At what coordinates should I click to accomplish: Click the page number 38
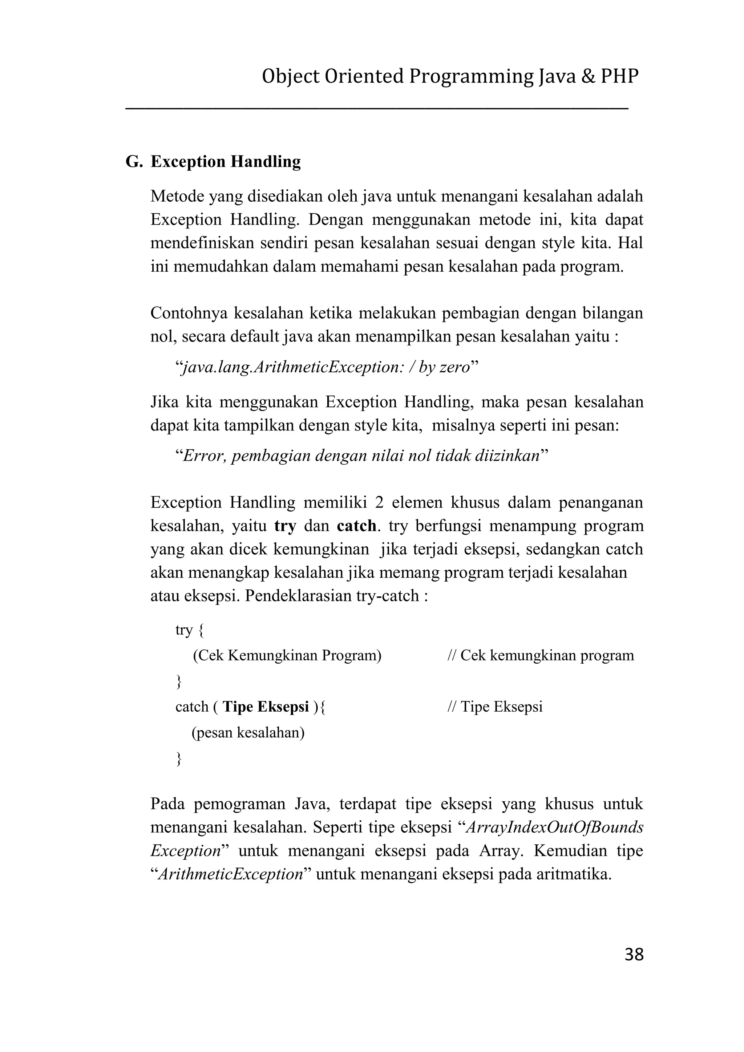634,954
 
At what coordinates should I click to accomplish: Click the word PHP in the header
619,77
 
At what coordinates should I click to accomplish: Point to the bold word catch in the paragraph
356,526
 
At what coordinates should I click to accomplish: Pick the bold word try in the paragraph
285,526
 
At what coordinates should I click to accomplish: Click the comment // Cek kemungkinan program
540,656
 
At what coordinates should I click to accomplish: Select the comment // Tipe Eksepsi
495,707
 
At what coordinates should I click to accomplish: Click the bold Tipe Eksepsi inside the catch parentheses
266,707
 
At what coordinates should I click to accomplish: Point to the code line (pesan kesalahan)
248,733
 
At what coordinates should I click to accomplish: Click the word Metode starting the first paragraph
177,197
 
